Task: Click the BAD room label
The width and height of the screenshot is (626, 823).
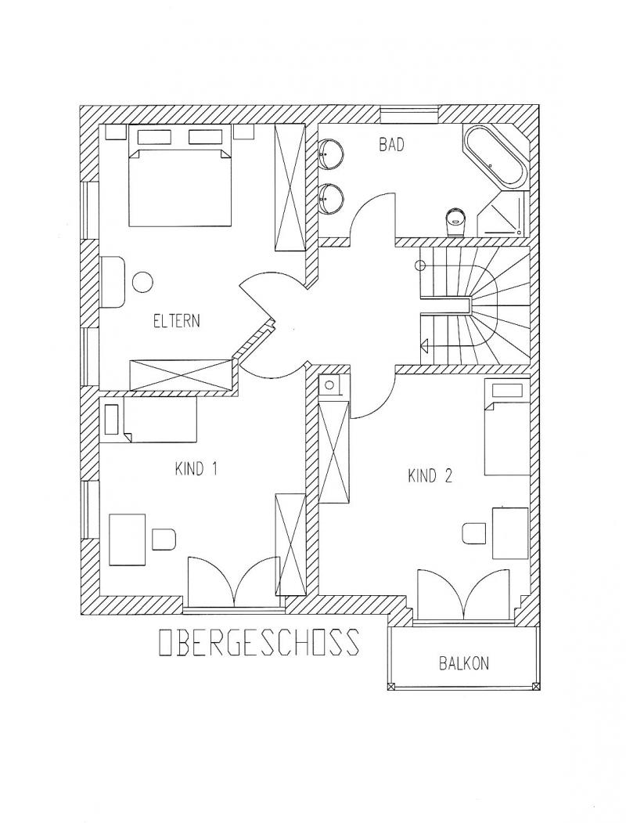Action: pyautogui.click(x=392, y=145)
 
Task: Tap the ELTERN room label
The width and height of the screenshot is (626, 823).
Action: pyautogui.click(x=177, y=321)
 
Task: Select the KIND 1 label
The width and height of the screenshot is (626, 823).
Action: pyautogui.click(x=196, y=469)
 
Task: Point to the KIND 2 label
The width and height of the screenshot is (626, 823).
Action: pyautogui.click(x=430, y=476)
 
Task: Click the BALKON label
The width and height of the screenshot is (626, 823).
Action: pyautogui.click(x=463, y=663)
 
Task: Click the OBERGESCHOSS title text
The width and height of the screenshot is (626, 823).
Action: pyautogui.click(x=259, y=642)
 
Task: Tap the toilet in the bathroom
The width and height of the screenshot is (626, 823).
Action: pyautogui.click(x=455, y=222)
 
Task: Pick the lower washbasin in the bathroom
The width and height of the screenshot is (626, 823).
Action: pyautogui.click(x=331, y=198)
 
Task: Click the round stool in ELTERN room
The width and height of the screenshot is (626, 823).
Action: pyautogui.click(x=142, y=282)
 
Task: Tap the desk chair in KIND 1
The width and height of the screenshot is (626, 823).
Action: pyautogui.click(x=164, y=540)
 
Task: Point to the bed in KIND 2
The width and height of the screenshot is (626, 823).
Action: pyautogui.click(x=505, y=427)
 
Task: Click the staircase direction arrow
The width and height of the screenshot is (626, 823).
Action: pyautogui.click(x=425, y=345)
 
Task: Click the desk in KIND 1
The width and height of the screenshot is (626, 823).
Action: pyautogui.click(x=127, y=540)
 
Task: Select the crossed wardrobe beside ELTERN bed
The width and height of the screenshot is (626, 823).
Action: pyautogui.click(x=290, y=187)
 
